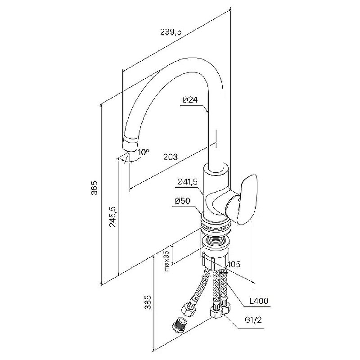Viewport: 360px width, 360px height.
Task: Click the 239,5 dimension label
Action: pyautogui.click(x=171, y=31)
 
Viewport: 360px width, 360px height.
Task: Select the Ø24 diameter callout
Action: pyautogui.click(x=190, y=99)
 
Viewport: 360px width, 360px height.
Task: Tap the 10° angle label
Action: pyautogui.click(x=144, y=152)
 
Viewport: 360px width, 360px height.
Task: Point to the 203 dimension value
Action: pyautogui.click(x=171, y=157)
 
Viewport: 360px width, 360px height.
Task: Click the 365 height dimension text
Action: pyautogui.click(x=94, y=188)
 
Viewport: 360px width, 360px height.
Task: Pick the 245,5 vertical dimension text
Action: pyautogui.click(x=113, y=217)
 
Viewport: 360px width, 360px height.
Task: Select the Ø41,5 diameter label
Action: pyautogui.click(x=187, y=182)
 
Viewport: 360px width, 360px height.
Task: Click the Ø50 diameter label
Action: pyautogui.click(x=183, y=201)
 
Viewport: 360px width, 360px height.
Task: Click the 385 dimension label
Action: pyautogui.click(x=148, y=302)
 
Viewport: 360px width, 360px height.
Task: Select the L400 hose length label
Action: pyautogui.click(x=259, y=301)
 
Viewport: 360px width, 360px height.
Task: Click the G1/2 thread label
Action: pyautogui.click(x=253, y=320)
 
